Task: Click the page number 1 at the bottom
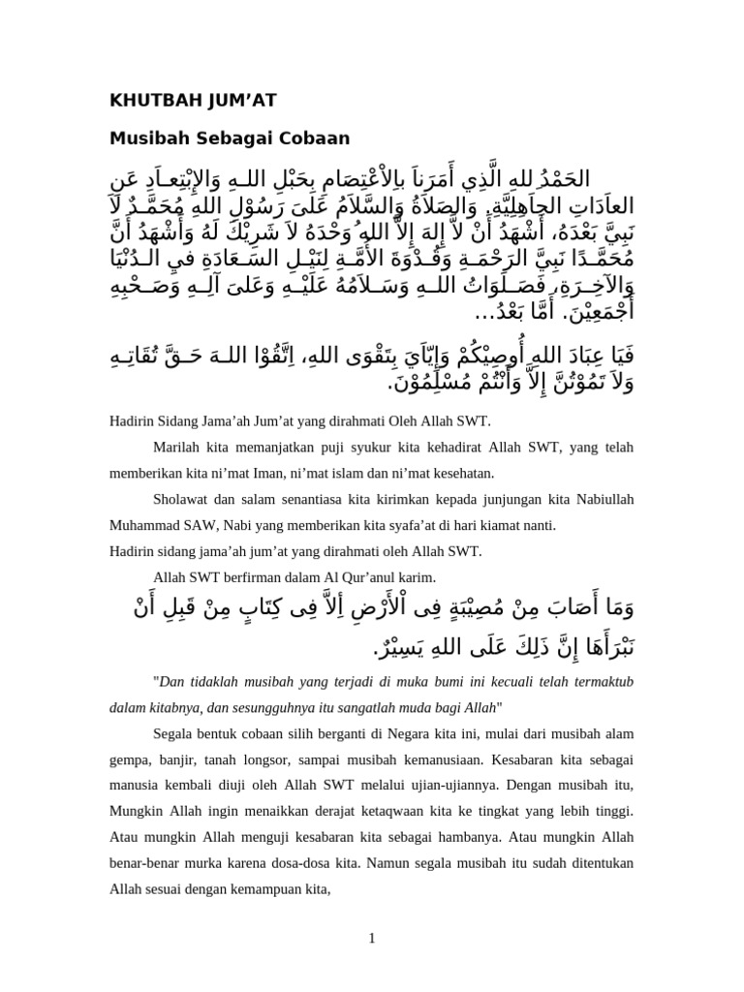pos(371,936)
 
